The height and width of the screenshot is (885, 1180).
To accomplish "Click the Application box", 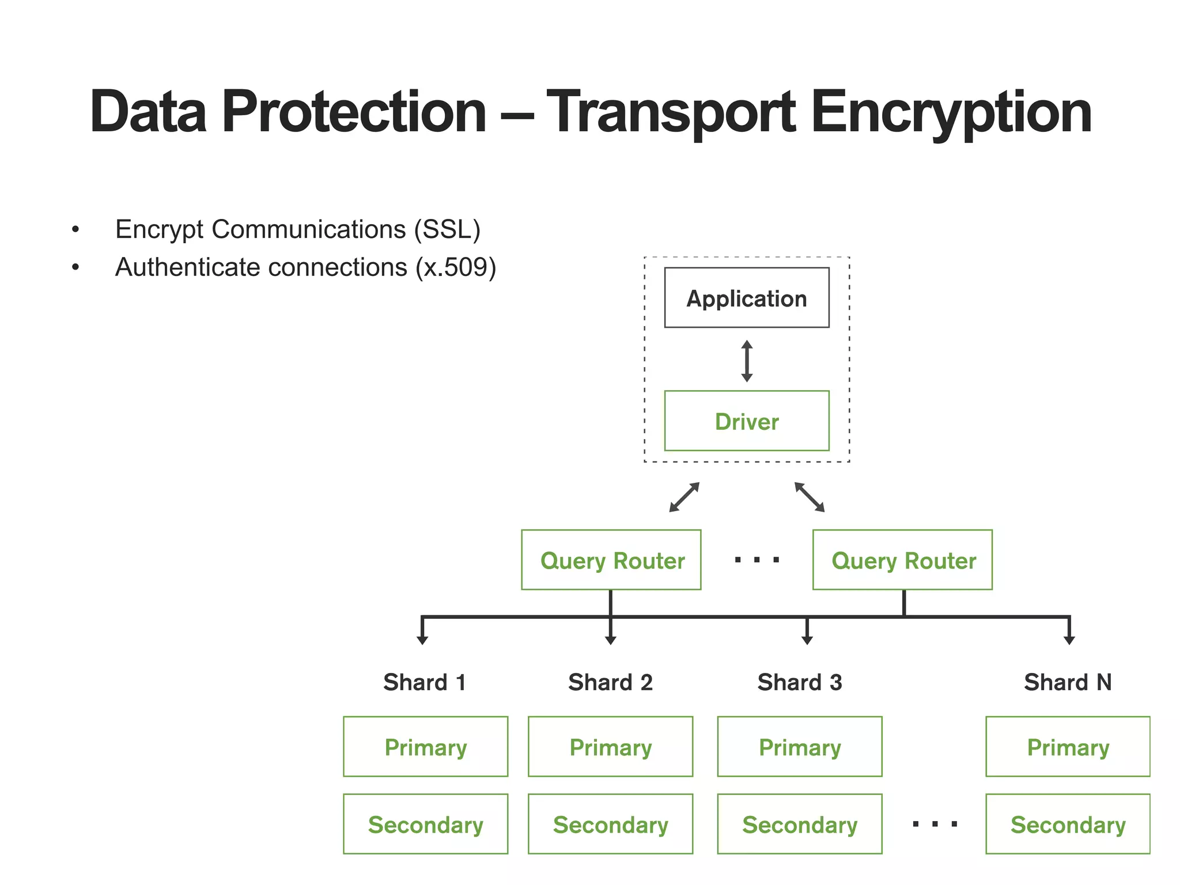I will pyautogui.click(x=746, y=298).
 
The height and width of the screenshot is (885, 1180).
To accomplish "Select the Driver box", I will pyautogui.click(x=746, y=421).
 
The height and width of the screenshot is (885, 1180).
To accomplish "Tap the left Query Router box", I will pyautogui.click(x=611, y=560).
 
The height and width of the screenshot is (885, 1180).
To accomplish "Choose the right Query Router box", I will pyautogui.click(x=902, y=560).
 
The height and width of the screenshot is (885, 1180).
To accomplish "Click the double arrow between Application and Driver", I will pyautogui.click(x=747, y=361).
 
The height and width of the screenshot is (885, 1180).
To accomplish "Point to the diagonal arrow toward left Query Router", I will pyautogui.click(x=684, y=497).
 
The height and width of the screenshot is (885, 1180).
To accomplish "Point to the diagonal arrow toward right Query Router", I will pyautogui.click(x=810, y=497).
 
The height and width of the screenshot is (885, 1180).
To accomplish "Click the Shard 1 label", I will pyautogui.click(x=425, y=682).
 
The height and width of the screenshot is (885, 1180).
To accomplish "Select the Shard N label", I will pyautogui.click(x=1068, y=682).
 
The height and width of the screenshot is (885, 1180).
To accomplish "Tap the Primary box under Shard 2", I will pyautogui.click(x=610, y=747).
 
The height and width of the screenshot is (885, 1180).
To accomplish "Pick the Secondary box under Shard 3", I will pyautogui.click(x=800, y=824).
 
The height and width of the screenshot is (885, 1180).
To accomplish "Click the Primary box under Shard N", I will pyautogui.click(x=1068, y=747).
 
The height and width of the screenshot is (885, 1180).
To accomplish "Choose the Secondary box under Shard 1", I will pyautogui.click(x=425, y=824).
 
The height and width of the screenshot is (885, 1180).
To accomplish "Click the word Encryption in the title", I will pyautogui.click(x=951, y=112).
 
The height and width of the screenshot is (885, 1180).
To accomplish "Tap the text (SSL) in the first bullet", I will pyautogui.click(x=447, y=229).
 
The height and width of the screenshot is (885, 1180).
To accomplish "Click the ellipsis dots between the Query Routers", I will pyautogui.click(x=757, y=559).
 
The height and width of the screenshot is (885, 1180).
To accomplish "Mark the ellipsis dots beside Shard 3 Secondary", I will pyautogui.click(x=935, y=825).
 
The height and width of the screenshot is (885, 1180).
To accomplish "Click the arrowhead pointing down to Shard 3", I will pyautogui.click(x=807, y=640).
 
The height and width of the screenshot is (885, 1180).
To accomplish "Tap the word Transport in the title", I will pyautogui.click(x=670, y=112).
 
